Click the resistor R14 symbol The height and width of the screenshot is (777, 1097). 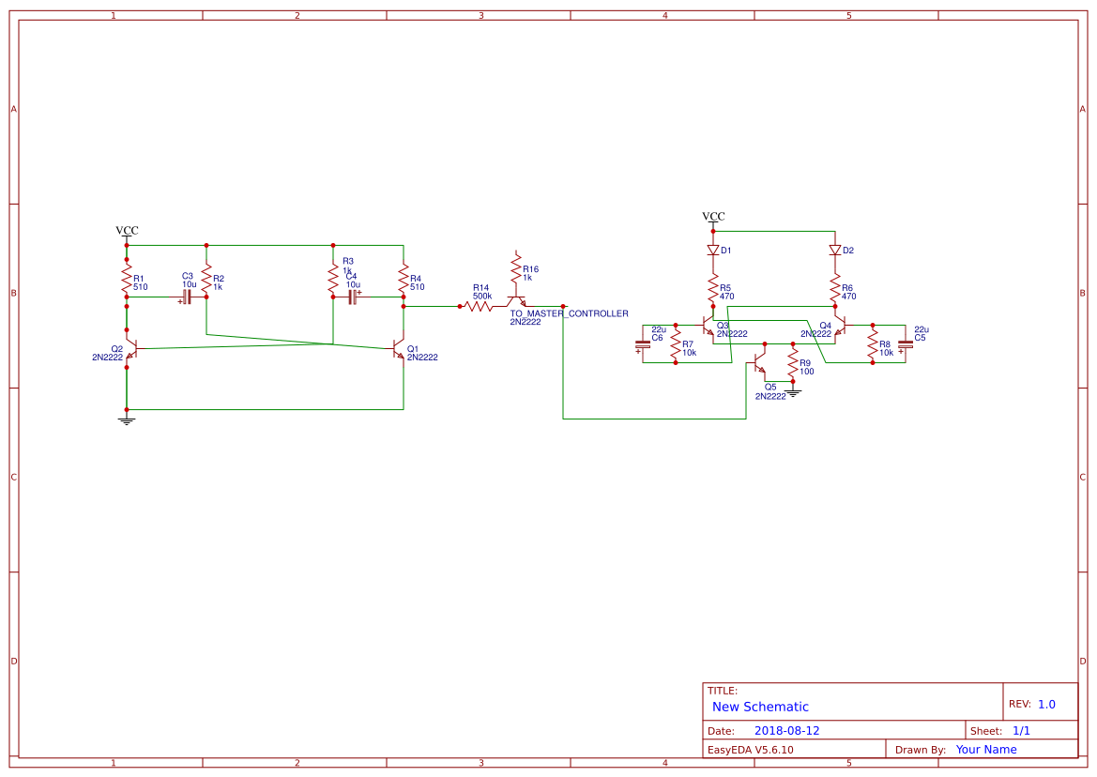tap(479, 306)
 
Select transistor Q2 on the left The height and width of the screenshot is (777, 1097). tap(131, 349)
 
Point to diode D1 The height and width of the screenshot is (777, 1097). tap(713, 251)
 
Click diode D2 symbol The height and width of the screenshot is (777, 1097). tap(835, 251)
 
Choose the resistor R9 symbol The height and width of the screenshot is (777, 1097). tap(793, 365)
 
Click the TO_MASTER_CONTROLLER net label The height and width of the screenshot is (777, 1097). tap(569, 313)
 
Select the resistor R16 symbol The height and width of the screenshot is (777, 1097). tap(516, 271)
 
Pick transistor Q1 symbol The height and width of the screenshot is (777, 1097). tap(399, 349)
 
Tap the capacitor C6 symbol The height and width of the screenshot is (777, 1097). tap(643, 344)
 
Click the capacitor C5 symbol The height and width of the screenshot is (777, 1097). tap(906, 344)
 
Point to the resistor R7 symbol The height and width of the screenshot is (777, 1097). tap(676, 344)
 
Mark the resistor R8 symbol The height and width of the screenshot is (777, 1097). tap(873, 344)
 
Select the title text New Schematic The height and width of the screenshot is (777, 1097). tap(760, 707)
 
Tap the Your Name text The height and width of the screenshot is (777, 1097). tap(986, 750)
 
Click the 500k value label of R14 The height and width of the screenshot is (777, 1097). tap(481, 296)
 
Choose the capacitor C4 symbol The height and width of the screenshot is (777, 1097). tap(353, 297)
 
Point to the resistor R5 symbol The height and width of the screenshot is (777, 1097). tap(713, 288)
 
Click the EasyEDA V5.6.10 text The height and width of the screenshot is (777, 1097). tap(750, 750)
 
